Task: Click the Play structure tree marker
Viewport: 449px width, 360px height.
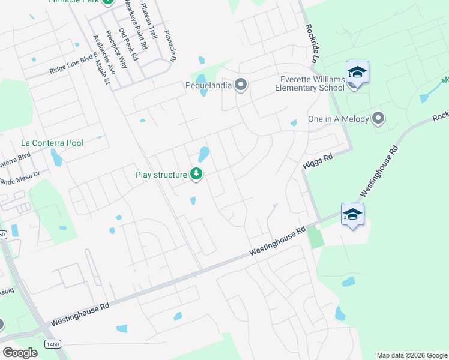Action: coord(196,175)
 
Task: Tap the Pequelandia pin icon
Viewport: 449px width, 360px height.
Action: coord(241,85)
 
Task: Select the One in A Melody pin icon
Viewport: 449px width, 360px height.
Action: coord(378,118)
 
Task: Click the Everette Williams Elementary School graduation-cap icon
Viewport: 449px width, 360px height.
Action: coord(357,73)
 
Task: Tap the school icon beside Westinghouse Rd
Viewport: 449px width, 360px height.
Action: coord(352,214)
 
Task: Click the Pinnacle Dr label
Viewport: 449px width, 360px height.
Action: coord(170,46)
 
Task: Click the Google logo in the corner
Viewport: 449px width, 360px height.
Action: coord(20,353)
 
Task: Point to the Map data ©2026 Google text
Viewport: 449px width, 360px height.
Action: coord(411,355)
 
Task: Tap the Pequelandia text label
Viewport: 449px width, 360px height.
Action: coord(208,85)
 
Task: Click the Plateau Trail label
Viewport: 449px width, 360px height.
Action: coord(148,20)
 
